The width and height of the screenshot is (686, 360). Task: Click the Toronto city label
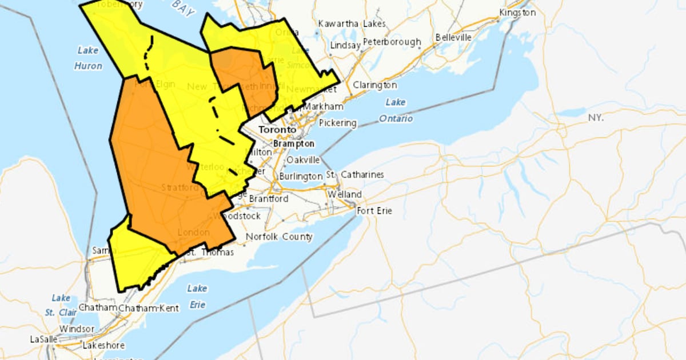click(277, 130)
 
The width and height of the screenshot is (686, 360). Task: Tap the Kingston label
click(517, 12)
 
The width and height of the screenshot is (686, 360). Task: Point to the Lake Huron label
click(88, 58)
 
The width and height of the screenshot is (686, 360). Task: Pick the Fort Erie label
click(374, 211)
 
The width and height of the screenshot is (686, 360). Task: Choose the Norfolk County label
click(279, 237)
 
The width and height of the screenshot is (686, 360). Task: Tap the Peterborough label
click(392, 42)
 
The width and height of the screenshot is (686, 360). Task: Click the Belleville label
click(453, 37)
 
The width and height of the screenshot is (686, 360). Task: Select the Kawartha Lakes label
click(352, 24)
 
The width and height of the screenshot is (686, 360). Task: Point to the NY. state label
click(596, 117)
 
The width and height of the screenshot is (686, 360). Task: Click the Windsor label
click(77, 329)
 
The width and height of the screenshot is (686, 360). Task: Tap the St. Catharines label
click(355, 174)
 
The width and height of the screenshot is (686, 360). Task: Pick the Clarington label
click(374, 85)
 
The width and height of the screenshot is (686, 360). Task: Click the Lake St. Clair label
click(61, 305)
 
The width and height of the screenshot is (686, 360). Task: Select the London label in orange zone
click(190, 232)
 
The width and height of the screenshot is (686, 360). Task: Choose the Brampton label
click(294, 143)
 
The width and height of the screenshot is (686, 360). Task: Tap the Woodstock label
click(237, 216)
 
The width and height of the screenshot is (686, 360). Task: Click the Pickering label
click(337, 123)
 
